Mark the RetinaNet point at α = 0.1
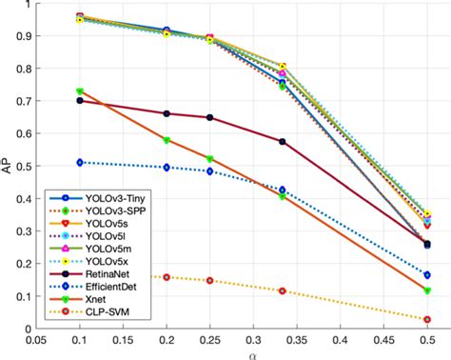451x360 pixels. pyautogui.click(x=80, y=100)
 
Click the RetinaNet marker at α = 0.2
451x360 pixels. pyautogui.click(x=167, y=113)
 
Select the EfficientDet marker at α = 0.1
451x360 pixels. pyautogui.click(x=80, y=162)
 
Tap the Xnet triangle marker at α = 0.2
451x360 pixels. pyautogui.click(x=167, y=140)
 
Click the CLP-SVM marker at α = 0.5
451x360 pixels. pyautogui.click(x=427, y=319)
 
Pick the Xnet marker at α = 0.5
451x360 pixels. pyautogui.click(x=427, y=290)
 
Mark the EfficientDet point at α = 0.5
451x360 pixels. pyautogui.click(x=427, y=274)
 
